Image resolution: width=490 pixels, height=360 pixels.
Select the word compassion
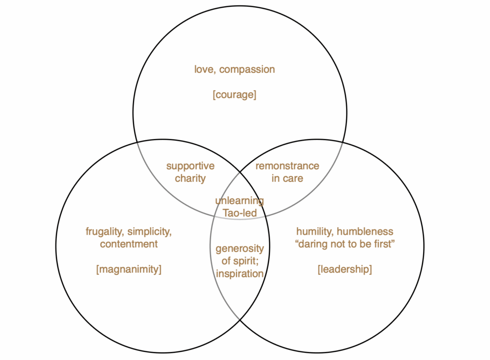(247, 70)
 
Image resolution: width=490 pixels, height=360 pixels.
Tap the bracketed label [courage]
(234, 95)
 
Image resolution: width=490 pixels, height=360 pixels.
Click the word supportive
(190, 166)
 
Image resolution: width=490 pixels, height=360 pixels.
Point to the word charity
(190, 179)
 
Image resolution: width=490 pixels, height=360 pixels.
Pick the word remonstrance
(287, 166)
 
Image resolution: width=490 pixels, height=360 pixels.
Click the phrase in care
(287, 178)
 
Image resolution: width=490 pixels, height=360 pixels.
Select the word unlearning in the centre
(240, 201)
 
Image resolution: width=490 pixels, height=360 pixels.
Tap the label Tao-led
(240, 213)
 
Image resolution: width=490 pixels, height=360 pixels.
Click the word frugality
(104, 232)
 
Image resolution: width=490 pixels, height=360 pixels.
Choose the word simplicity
(149, 232)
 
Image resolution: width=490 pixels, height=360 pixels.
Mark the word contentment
(129, 244)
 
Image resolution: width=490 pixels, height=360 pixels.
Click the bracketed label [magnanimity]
(129, 270)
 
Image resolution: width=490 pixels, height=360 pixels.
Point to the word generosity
(240, 249)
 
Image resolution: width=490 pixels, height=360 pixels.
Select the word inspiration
(240, 274)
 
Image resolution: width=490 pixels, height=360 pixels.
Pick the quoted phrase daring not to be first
(345, 244)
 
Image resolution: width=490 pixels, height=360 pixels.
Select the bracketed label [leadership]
(345, 269)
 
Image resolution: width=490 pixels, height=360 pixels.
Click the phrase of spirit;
(240, 262)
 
